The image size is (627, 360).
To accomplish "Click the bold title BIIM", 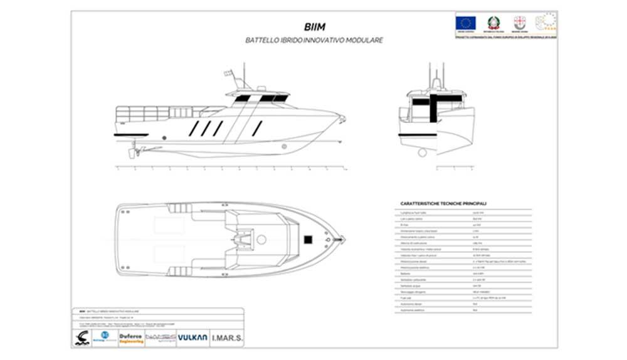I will pyautogui.click(x=314, y=27).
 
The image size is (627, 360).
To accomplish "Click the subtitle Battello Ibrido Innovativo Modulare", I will pyautogui.click(x=314, y=40).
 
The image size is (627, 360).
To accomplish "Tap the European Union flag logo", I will pyautogui.click(x=466, y=23).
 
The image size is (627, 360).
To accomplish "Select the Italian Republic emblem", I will pyautogui.click(x=493, y=23).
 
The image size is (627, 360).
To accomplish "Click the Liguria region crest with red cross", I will pyautogui.click(x=519, y=22).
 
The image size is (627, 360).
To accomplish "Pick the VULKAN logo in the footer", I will pyautogui.click(x=192, y=337).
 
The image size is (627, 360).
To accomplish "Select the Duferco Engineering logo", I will pyautogui.click(x=131, y=338).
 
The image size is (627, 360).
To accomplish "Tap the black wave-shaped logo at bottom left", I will pyautogui.click(x=81, y=338).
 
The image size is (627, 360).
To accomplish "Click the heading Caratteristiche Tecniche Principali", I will pyautogui.click(x=443, y=204).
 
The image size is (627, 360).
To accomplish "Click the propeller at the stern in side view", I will pyautogui.click(x=132, y=152).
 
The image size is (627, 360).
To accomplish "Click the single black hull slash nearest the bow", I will pyautogui.click(x=257, y=128).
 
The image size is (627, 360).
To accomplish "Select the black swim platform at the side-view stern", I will pyautogui.click(x=130, y=134).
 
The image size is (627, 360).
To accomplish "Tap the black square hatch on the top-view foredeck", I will pyautogui.click(x=308, y=238).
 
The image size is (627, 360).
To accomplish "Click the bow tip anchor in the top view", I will pyautogui.click(x=341, y=238).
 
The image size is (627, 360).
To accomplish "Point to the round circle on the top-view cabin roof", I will pyautogui.click(x=261, y=239).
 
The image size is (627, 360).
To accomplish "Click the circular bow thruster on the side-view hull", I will pyautogui.click(x=284, y=146).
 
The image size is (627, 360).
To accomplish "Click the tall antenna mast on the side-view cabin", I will pyautogui.click(x=244, y=74).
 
